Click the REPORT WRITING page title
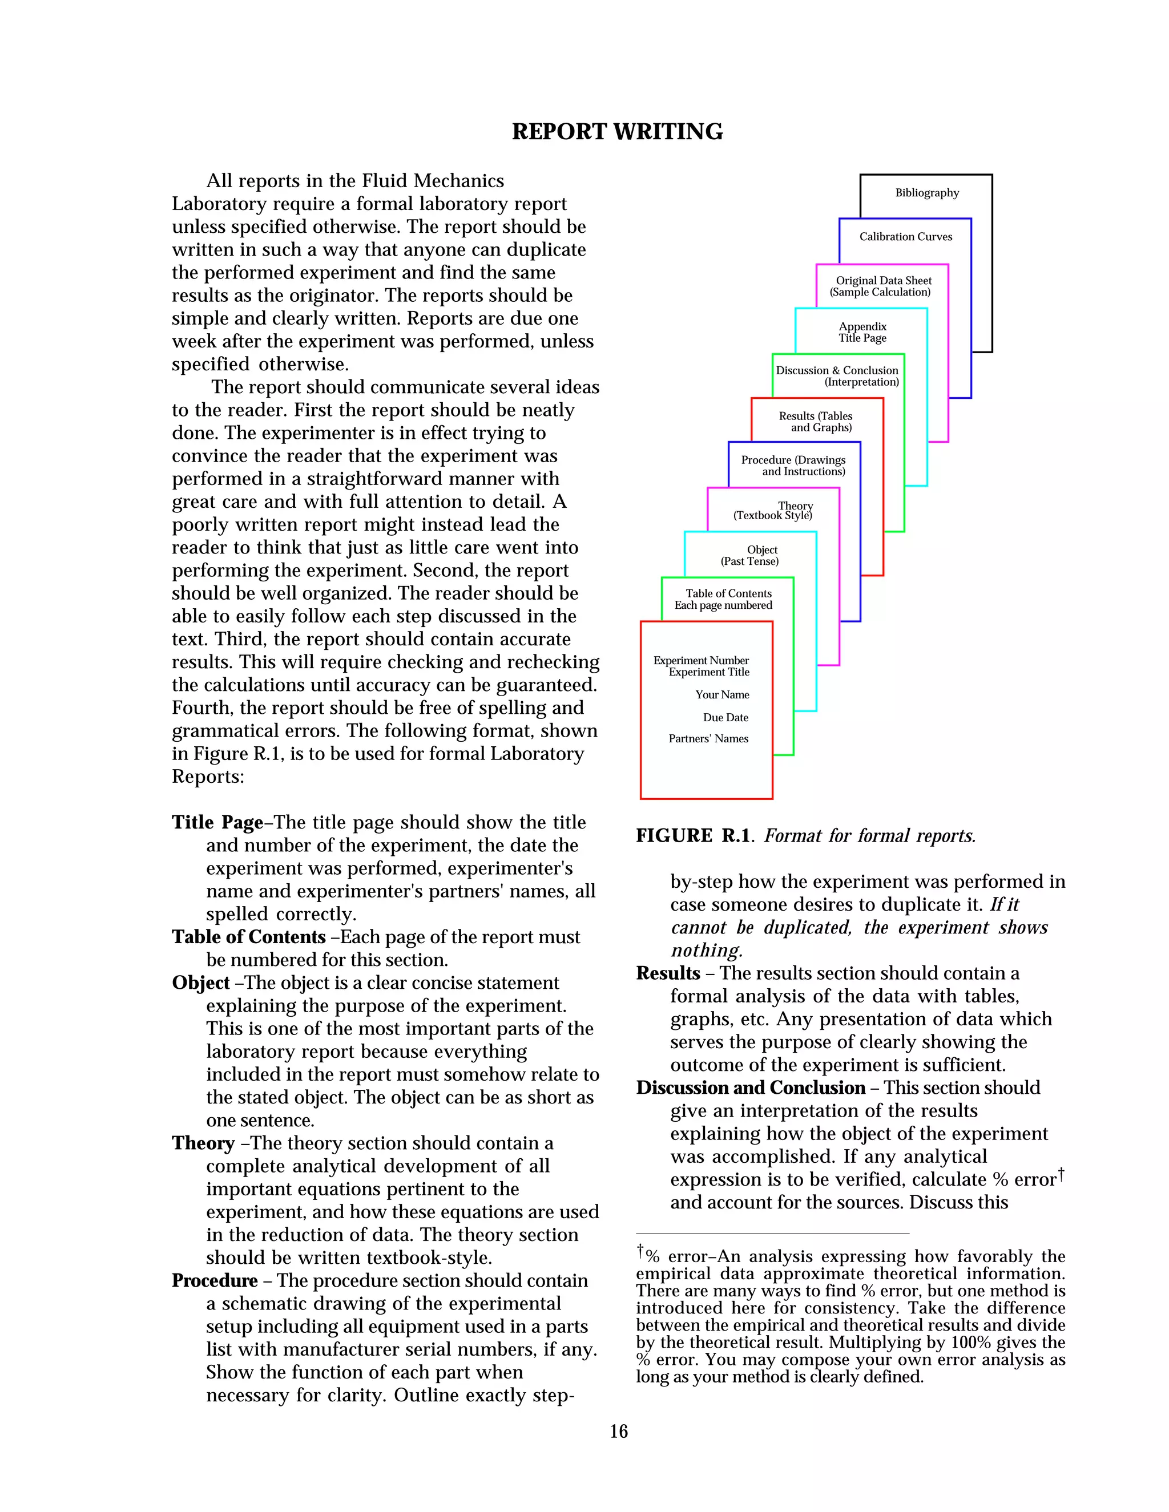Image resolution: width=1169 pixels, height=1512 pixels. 617,132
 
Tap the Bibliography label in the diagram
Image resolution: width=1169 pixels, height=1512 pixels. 926,193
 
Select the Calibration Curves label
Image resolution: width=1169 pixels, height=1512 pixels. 905,237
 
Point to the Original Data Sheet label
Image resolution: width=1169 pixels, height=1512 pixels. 883,280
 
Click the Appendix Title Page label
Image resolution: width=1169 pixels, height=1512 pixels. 862,332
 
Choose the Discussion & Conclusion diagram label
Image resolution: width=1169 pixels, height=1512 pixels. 837,370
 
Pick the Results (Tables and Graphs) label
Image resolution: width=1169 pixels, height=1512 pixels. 816,422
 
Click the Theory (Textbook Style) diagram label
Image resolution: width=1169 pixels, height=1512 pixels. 773,511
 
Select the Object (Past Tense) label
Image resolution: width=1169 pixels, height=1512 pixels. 750,555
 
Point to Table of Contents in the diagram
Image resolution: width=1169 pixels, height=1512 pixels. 728,593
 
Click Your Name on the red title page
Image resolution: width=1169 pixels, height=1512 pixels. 722,694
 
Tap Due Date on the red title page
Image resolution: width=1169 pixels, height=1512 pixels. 725,717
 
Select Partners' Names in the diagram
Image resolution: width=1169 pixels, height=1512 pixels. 708,739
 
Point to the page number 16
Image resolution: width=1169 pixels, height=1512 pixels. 618,1432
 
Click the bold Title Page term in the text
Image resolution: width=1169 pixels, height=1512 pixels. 217,822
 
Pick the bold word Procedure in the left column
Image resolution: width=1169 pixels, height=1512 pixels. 215,1281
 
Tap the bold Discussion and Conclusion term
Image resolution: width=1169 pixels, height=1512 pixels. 751,1087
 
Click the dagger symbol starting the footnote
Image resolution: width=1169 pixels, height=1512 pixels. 640,1250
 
